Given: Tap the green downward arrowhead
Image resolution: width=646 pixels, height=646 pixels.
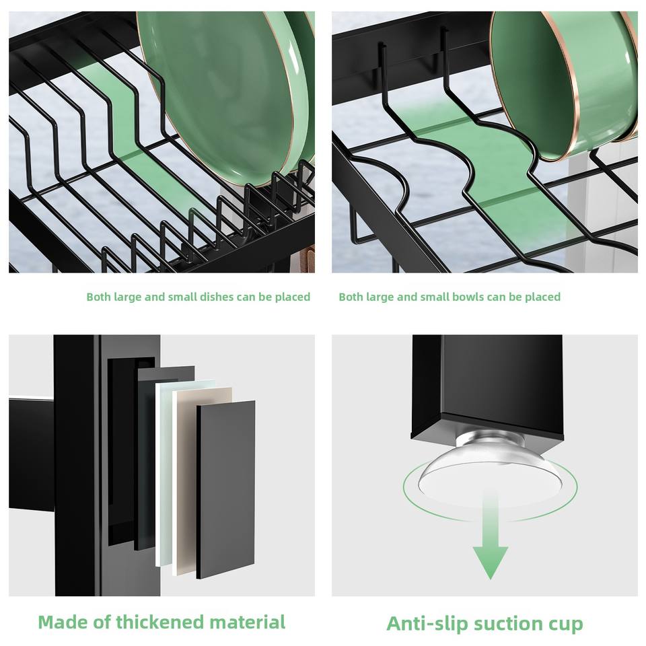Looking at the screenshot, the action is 491,562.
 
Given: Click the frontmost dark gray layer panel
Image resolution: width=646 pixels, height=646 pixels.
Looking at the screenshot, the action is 225,489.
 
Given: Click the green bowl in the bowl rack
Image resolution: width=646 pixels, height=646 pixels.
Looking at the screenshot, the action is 565,85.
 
